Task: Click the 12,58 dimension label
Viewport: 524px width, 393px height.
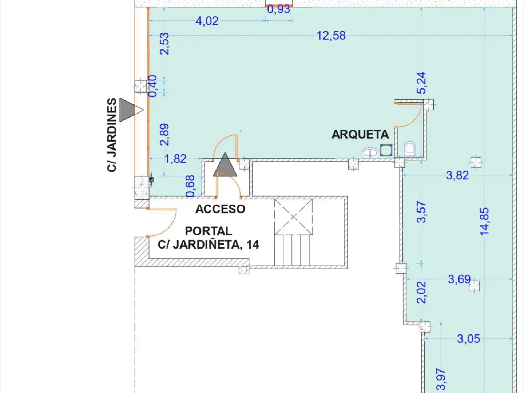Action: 331,36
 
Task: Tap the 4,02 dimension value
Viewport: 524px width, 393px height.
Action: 207,21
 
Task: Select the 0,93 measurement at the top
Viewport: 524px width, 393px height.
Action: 279,9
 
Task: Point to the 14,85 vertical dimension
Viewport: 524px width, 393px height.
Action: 484,222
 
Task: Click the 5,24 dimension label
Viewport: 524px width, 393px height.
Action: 421,83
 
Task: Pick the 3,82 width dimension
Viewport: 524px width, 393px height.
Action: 457,176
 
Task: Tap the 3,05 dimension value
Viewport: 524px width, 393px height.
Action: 468,339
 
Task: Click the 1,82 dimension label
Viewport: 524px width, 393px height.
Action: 175,159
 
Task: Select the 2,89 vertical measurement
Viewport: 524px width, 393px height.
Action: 164,135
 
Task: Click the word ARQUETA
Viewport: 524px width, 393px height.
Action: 360,134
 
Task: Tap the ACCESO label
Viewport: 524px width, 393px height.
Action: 220,209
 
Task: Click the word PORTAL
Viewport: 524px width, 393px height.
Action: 209,231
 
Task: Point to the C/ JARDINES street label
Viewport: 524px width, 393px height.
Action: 112,135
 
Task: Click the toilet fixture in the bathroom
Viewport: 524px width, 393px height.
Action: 410,149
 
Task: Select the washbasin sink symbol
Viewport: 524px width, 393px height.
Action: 370,153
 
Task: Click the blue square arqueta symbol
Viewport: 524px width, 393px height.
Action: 386,150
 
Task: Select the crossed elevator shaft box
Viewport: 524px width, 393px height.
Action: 293,217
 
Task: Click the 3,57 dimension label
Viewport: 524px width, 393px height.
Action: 421,212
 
